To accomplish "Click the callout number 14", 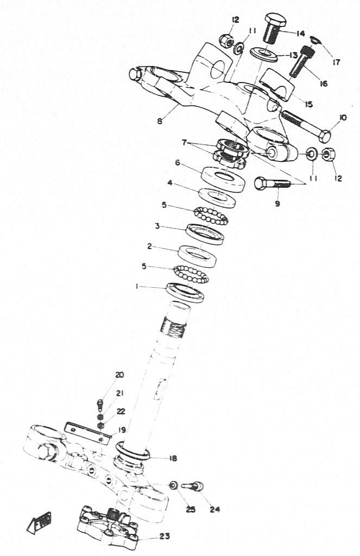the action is pos(300,34).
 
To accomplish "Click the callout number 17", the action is pos(336,62).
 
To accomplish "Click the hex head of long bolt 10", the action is pos(325,135).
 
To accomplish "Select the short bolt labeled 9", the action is pos(273,184).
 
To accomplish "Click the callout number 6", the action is pos(178,163).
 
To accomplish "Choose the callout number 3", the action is pos(157,226).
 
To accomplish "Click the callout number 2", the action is pos(150,246).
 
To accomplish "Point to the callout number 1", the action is pos(136,287).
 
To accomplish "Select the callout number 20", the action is pos(119,375).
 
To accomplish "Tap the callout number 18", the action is pos(173,458).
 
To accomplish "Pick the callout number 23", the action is pos(164,536).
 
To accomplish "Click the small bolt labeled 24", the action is pos(193,486).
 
